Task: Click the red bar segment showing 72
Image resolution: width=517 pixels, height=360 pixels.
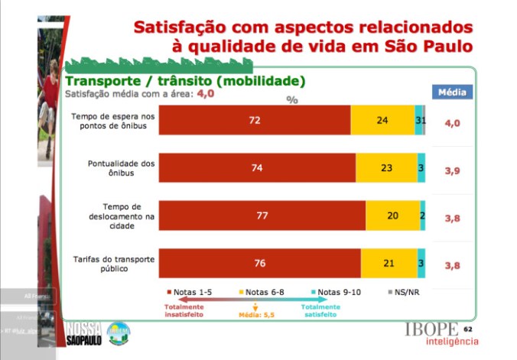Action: pos(255,121)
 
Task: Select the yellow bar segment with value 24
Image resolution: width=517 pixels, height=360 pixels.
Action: pos(382,121)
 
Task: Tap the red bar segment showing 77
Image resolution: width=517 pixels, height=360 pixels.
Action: pos(262,216)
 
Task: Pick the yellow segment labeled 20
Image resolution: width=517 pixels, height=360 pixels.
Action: pos(392,216)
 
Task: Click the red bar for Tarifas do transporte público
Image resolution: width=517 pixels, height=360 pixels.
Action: pos(260,263)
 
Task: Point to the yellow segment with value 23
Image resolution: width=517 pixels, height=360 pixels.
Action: pos(386,168)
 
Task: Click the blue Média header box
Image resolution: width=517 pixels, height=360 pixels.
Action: pos(453,92)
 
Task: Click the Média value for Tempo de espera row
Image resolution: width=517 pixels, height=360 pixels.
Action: pos(453,122)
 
